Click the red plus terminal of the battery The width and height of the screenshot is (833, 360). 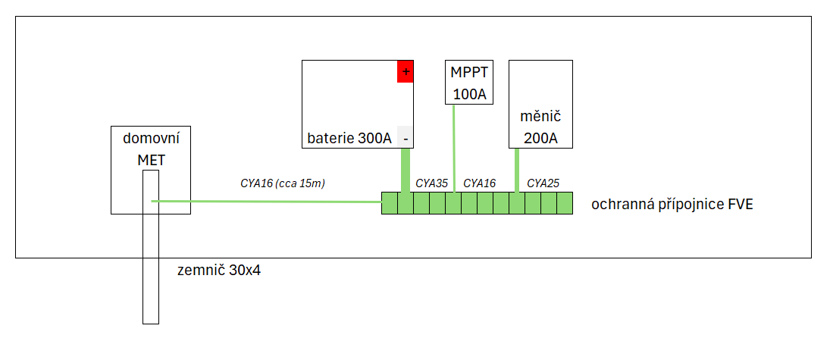406,71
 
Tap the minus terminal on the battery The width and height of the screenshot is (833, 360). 406,139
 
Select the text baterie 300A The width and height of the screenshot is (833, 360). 349,139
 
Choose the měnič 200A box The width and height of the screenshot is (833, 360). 540,104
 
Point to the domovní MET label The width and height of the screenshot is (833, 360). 151,149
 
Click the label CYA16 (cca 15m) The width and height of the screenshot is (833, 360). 282,183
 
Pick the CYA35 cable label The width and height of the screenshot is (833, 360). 431,183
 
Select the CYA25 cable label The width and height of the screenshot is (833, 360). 543,183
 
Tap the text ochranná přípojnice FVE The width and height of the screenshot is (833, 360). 672,205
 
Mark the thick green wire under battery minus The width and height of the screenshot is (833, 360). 406,170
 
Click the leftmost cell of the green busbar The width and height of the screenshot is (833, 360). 389,204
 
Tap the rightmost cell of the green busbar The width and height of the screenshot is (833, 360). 565,204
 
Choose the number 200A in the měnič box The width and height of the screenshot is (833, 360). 540,139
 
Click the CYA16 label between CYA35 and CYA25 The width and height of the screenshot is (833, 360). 479,183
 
